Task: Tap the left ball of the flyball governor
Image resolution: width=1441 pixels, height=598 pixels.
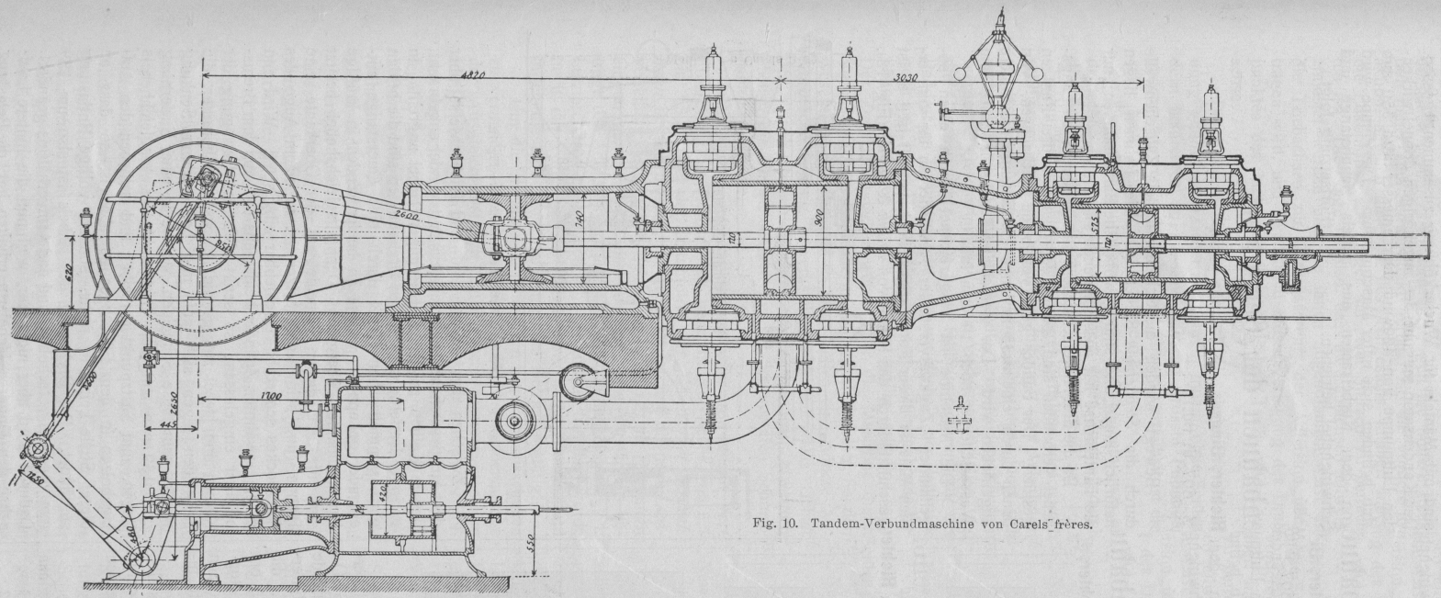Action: click(961, 71)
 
